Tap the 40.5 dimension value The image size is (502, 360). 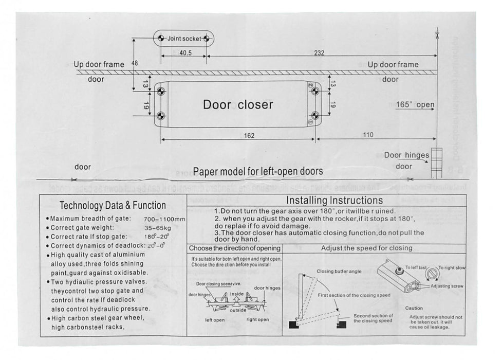[185, 53]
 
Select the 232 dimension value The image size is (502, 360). [319, 52]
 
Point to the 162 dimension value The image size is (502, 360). [249, 135]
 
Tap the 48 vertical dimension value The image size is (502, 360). [135, 63]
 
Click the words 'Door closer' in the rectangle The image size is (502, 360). [238, 104]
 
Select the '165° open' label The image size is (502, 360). [415, 104]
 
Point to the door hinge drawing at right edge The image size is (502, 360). [436, 160]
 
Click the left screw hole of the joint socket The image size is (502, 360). [161, 39]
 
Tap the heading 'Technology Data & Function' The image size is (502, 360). [113, 206]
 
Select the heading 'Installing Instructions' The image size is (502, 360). [334, 200]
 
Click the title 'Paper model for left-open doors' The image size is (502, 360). [258, 171]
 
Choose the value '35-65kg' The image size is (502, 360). [158, 228]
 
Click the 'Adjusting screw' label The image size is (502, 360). [447, 286]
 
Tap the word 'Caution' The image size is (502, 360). [414, 308]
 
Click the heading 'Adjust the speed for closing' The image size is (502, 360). [366, 248]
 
